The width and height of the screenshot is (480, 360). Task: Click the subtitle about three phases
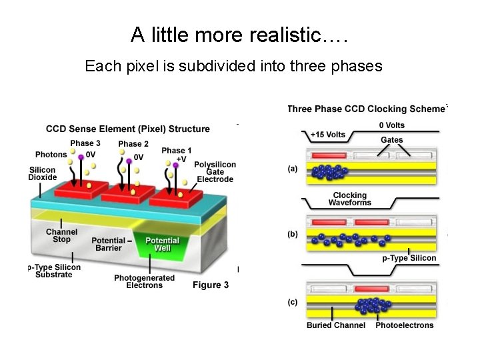233,66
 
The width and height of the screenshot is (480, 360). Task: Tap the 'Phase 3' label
85,143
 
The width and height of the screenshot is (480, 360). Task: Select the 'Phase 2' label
133,144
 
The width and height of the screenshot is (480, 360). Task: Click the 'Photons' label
51,155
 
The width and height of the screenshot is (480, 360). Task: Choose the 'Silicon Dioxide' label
43,173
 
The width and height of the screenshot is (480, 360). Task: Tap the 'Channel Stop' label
62,235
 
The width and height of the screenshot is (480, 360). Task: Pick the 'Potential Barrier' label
108,244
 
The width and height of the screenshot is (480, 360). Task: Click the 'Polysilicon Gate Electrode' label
215,171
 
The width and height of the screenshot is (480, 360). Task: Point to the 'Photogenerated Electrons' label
144,281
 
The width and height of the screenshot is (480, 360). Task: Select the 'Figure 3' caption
211,285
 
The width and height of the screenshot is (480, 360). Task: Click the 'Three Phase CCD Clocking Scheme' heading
366,109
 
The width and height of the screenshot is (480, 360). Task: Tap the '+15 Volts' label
328,135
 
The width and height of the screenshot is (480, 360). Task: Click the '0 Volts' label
391,125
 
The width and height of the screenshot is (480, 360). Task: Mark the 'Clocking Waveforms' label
350,199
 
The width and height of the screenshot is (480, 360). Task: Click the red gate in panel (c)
371,289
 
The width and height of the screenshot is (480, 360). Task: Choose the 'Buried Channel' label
336,325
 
